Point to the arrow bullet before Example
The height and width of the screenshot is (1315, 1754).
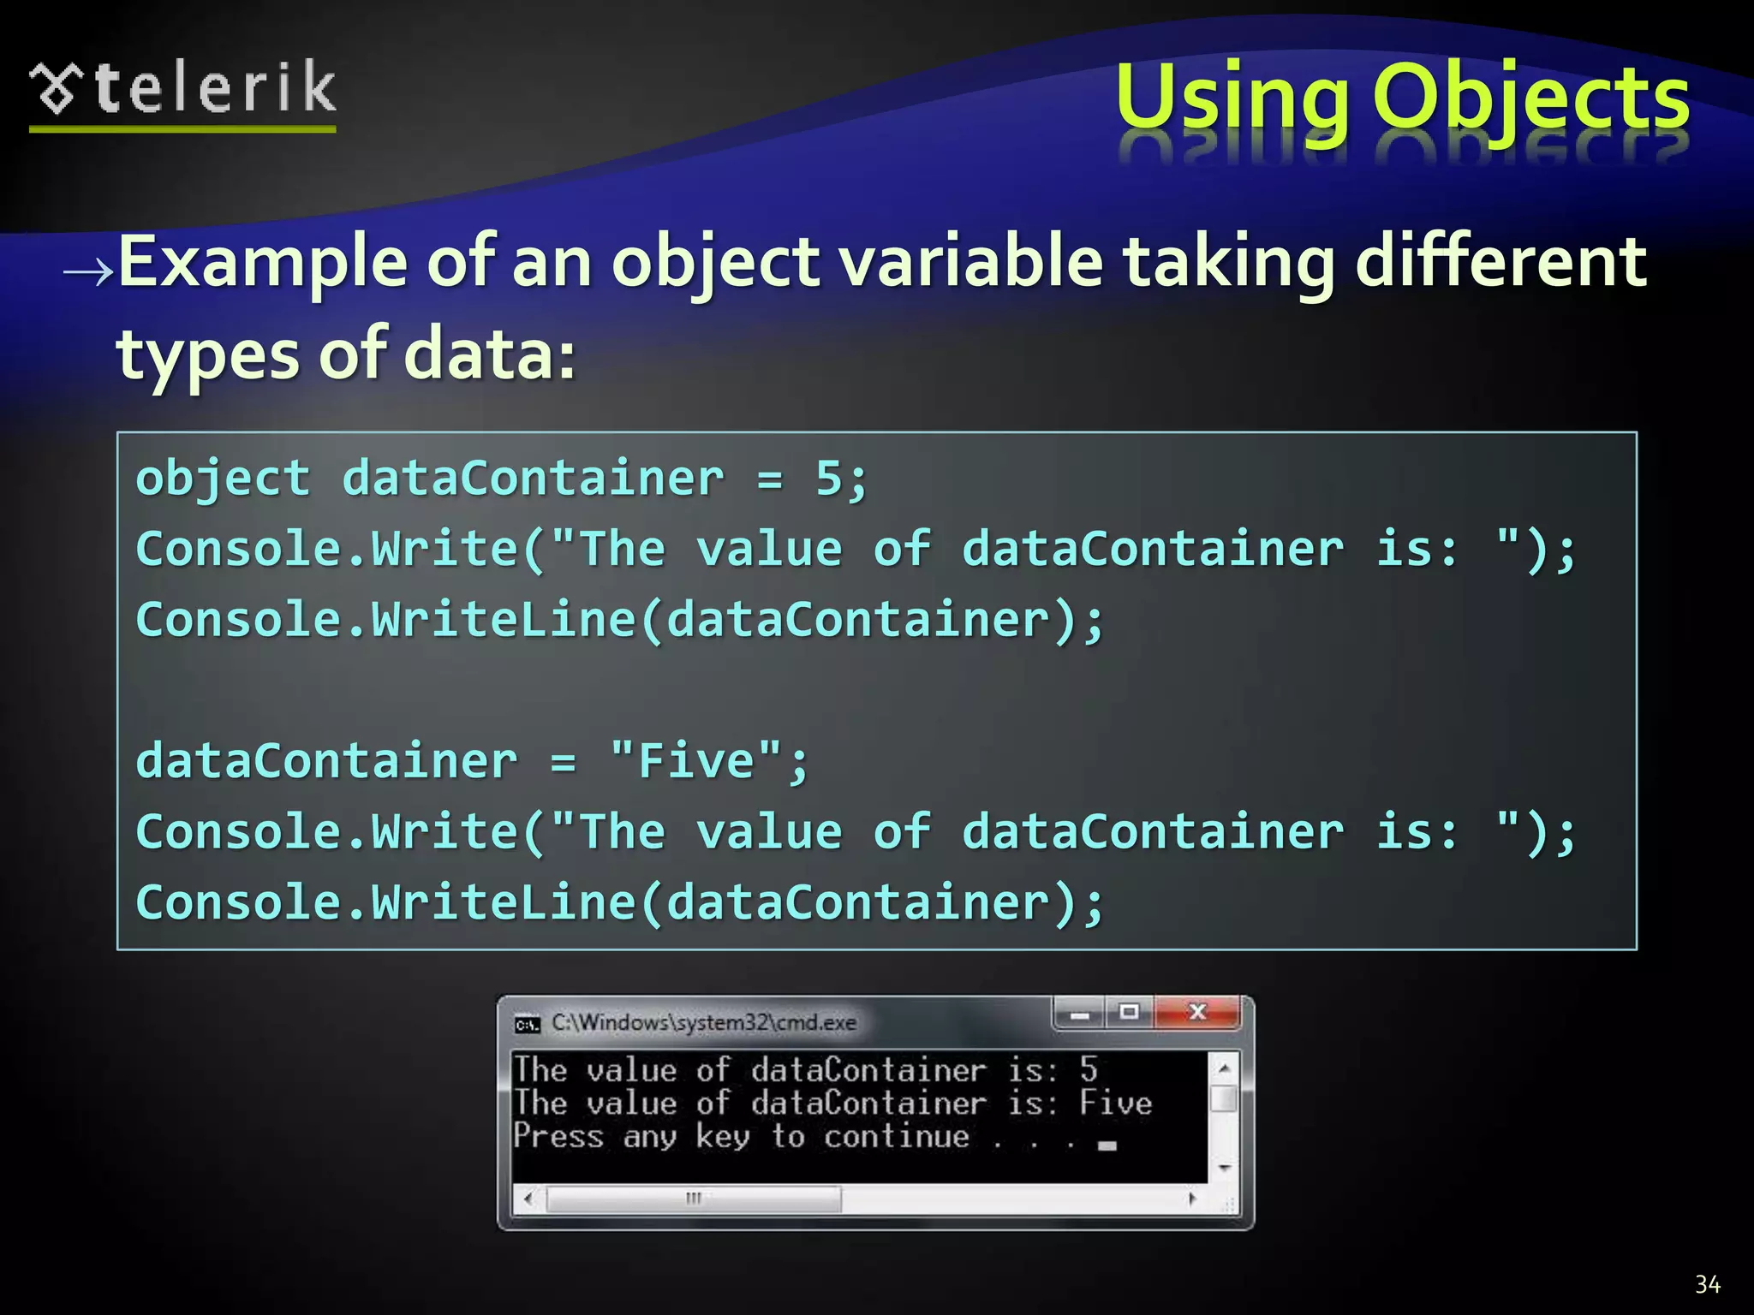pos(87,271)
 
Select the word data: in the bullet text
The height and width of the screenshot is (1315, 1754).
pos(489,354)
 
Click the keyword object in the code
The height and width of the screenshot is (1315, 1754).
pos(223,478)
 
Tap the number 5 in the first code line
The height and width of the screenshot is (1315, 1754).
pos(829,478)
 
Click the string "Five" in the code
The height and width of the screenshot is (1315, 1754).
pos(695,760)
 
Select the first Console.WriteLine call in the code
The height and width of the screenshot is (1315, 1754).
pos(619,619)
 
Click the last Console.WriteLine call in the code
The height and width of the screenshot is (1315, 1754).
pos(619,902)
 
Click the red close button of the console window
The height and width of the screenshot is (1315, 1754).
pos(1197,1013)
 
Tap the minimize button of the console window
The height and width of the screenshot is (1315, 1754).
pos(1079,1015)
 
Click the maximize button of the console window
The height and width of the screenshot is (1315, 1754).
pos(1130,1013)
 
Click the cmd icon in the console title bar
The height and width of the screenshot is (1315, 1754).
pos(527,1024)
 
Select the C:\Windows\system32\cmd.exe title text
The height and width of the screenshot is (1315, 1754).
pos(703,1022)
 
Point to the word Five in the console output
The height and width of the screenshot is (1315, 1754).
pos(1115,1103)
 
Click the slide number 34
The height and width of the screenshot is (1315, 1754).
pos(1707,1284)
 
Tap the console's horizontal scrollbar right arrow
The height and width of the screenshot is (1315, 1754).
pos(1192,1199)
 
